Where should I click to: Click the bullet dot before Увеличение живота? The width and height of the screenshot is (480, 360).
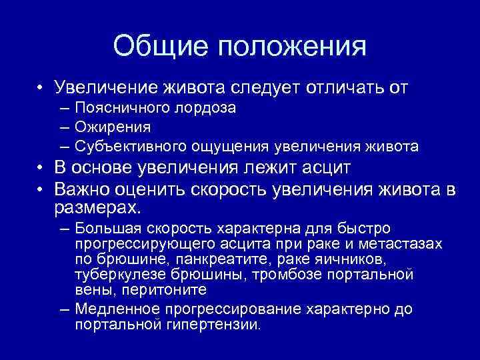[41, 89]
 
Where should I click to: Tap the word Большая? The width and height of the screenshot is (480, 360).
[109, 229]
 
